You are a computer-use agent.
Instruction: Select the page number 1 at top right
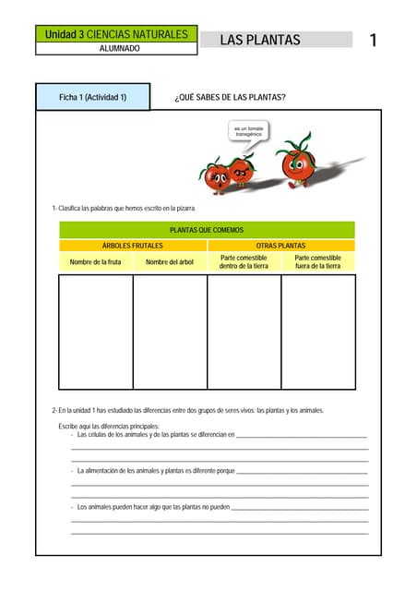(373, 40)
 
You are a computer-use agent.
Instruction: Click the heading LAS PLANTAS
(260, 40)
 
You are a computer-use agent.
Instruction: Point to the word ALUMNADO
(119, 48)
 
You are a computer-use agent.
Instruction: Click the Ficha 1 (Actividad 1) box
(92, 97)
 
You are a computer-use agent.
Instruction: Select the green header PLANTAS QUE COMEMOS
(207, 230)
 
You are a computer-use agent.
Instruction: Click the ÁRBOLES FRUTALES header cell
(132, 246)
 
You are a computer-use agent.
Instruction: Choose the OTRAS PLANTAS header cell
(280, 246)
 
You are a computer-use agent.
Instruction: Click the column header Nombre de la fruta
(95, 262)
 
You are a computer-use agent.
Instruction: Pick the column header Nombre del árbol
(170, 262)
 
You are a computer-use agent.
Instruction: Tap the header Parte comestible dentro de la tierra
(244, 262)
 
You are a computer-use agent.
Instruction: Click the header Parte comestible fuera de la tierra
(317, 262)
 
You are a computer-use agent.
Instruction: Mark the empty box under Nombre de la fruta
(95, 331)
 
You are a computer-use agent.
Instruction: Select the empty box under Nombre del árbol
(170, 331)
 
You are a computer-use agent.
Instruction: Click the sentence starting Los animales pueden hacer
(153, 507)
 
